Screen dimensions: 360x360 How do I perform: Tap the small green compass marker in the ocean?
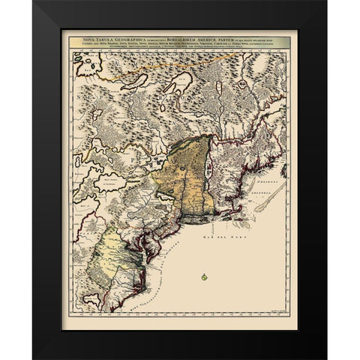pyautogui.click(x=202, y=277)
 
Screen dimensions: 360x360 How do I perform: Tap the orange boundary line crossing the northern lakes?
pyautogui.click(x=135, y=75)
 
